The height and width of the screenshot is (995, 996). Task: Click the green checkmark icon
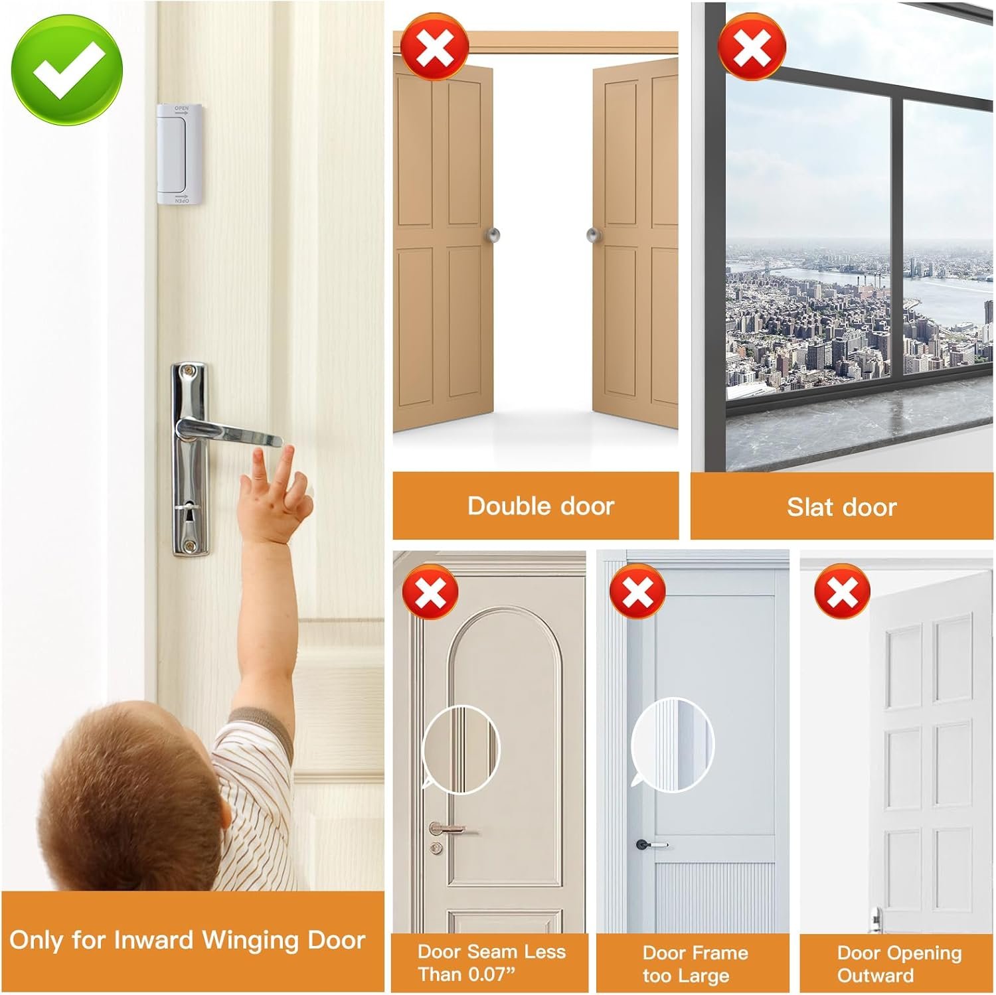click(x=68, y=70)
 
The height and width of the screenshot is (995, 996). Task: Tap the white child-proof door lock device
click(x=173, y=153)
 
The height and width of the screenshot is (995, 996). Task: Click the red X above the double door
click(x=435, y=46)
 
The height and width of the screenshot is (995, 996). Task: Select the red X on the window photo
click(x=752, y=46)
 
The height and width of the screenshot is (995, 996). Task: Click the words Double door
click(x=540, y=506)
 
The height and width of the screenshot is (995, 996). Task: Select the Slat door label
click(x=842, y=508)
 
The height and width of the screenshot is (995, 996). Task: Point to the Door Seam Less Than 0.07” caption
click(x=491, y=963)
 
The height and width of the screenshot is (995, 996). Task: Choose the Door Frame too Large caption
click(x=695, y=964)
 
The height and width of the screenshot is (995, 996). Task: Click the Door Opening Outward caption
click(x=899, y=964)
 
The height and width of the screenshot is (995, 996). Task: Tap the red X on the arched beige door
click(x=430, y=592)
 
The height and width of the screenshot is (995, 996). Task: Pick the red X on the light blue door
click(x=637, y=591)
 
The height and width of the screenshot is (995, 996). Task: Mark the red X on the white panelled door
click(x=843, y=591)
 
